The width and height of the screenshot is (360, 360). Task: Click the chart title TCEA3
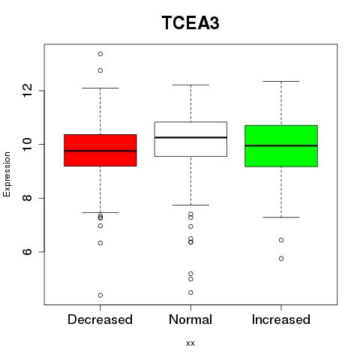pos(190,22)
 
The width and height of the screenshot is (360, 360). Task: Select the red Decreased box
pos(100,150)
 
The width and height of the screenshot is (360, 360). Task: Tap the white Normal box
pos(190,139)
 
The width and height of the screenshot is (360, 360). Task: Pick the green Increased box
pos(281,146)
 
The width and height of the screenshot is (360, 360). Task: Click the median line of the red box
pos(100,151)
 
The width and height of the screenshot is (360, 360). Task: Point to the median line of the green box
pos(281,145)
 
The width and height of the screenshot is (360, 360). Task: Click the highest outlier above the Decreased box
pos(100,54)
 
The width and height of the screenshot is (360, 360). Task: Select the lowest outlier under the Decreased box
pos(100,295)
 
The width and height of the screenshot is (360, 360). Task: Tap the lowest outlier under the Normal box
pos(190,292)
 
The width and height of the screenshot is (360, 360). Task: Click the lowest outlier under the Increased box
pos(281,259)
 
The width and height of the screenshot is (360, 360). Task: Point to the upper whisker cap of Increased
pos(281,81)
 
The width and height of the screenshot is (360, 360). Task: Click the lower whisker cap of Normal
pos(190,205)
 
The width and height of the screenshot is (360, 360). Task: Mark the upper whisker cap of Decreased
pos(100,88)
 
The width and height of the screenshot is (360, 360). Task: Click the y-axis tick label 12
pos(28,91)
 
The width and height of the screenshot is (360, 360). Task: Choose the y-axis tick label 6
pos(28,251)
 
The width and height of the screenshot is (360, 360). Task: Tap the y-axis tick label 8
pos(28,198)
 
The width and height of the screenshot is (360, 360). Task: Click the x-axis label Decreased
pos(100,319)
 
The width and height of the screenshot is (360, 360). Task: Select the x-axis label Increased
pos(281,319)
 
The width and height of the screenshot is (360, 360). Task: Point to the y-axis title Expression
pos(7,175)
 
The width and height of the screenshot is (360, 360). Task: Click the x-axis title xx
pos(190,343)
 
